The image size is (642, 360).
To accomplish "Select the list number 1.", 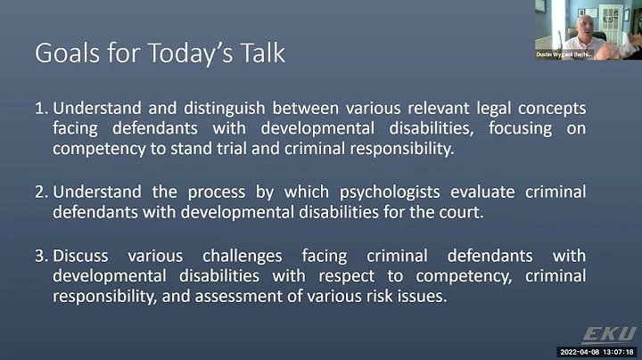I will (41, 109).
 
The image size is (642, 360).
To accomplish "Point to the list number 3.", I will (41, 256).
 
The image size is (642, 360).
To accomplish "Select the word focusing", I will (520, 129).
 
